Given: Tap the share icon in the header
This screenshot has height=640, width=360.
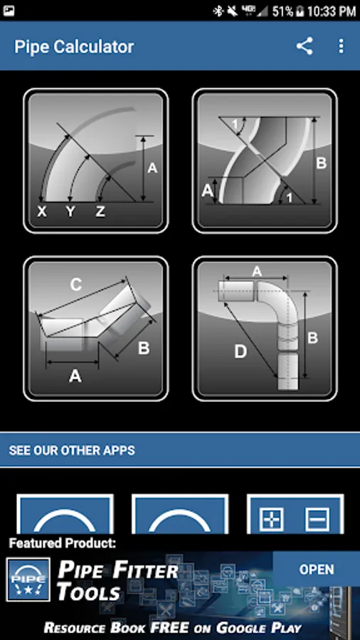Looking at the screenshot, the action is (x=305, y=46).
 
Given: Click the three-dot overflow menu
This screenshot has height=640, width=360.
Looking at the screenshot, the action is (x=342, y=46).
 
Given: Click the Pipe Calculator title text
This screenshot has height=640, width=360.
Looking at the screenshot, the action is (x=74, y=46).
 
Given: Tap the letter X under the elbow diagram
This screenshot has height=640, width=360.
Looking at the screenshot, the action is (x=42, y=211).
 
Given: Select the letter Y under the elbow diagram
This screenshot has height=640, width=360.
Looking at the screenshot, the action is (x=70, y=211).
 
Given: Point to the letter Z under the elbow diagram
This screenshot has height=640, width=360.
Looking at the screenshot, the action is (x=100, y=211).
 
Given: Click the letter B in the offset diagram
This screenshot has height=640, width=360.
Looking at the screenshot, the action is (x=322, y=163).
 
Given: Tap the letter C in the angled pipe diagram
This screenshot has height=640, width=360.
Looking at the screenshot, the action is (x=76, y=285).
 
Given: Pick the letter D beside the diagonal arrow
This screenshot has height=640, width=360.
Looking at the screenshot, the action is (x=240, y=352).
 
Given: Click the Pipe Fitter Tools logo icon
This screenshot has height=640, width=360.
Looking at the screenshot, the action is (x=28, y=580).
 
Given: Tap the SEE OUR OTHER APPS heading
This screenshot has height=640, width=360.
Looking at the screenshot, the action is (x=72, y=450).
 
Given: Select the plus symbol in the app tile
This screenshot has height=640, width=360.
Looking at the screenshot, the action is (x=272, y=518).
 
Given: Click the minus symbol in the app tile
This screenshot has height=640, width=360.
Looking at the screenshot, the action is (x=317, y=518).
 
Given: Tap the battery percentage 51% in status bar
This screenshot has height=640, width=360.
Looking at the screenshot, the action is (x=282, y=11).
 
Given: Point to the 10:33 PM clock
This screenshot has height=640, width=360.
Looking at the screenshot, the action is (x=332, y=11).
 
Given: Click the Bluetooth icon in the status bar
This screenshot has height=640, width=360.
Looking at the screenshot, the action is (x=218, y=11).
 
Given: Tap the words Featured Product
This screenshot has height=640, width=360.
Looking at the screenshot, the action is (x=63, y=543).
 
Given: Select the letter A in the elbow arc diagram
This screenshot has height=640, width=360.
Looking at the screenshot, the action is (x=152, y=168).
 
